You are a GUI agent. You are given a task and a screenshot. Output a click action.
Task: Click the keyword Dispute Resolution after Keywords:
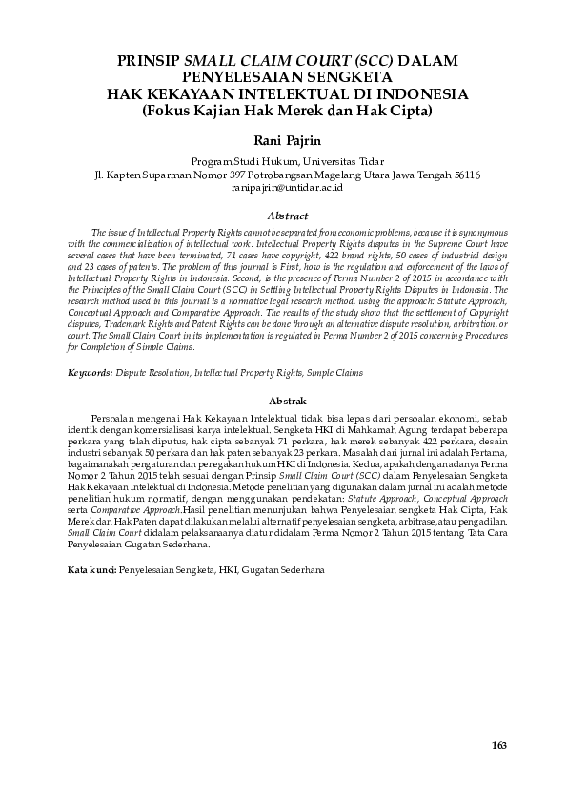click(152, 372)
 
